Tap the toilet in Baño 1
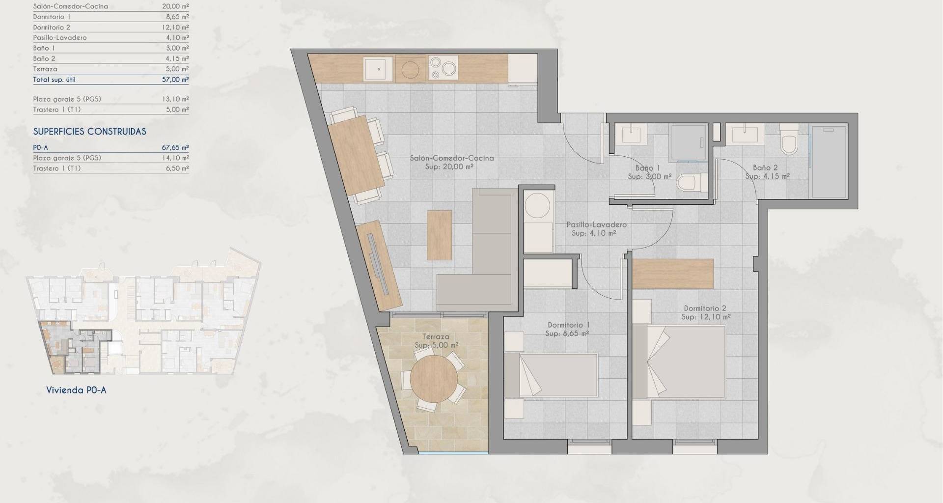[690, 183]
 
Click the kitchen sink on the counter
[378, 69]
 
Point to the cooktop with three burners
[443, 68]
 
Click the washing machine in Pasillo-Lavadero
[538, 205]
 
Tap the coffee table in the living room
[439, 235]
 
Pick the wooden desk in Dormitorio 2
[672, 274]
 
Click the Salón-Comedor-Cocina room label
[452, 158]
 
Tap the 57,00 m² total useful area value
[175, 79]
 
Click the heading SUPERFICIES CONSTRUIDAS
[90, 132]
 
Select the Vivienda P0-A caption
[76, 391]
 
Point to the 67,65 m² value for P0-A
[175, 147]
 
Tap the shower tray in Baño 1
[688, 142]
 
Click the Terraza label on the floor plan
[436, 337]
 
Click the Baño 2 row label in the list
[44, 58]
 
